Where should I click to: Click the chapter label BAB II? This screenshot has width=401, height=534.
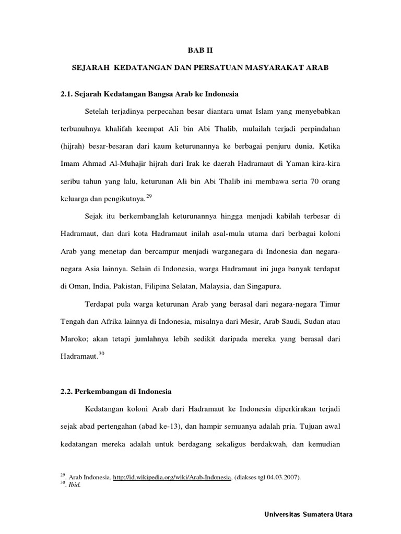[200, 51]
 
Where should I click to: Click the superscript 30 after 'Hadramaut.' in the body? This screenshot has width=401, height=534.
[102, 353]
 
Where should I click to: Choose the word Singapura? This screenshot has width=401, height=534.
[264, 286]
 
